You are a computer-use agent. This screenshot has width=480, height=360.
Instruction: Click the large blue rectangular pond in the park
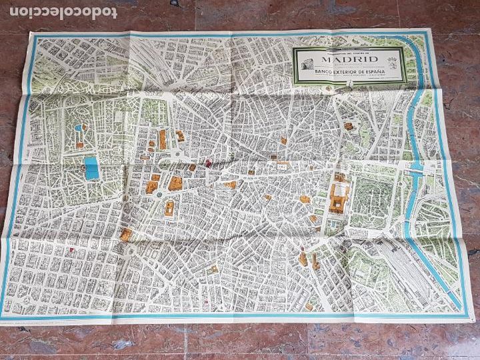coord(92,167)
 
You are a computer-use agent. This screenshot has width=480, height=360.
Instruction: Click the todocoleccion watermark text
coord(59,12)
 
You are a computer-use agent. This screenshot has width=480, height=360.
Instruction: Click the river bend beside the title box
coord(423,93)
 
